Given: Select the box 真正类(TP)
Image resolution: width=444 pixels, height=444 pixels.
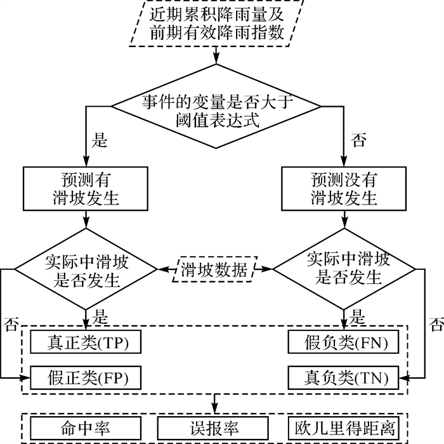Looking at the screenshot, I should [x=85, y=343].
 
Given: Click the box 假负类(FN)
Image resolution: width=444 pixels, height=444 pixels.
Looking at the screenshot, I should [x=346, y=343].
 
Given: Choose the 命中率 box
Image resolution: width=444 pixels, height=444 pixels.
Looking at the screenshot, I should [x=85, y=426].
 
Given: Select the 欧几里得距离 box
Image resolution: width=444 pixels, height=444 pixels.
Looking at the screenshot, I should [x=346, y=426].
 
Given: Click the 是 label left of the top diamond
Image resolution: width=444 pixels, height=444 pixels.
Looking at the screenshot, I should [x=100, y=141].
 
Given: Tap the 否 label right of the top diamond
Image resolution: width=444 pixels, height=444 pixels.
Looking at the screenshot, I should [x=359, y=141].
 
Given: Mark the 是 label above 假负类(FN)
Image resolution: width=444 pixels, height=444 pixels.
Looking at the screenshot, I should [x=358, y=316].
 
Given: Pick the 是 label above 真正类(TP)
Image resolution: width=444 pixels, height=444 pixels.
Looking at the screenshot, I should [x=100, y=316].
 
